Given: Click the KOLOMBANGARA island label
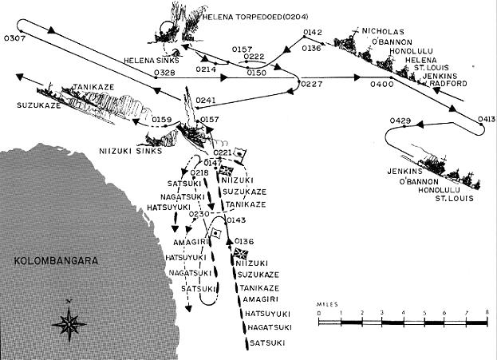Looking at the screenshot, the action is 56,261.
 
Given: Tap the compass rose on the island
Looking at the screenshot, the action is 69,321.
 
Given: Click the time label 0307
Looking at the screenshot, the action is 14,38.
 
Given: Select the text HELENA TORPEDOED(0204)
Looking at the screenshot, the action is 254,17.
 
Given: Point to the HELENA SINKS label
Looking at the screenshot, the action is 152,60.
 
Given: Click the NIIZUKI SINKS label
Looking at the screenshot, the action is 131,151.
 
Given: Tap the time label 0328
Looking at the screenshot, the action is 164,73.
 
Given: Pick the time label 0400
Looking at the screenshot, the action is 382,84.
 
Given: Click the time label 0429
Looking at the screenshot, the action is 400,121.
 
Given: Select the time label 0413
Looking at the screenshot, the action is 487,119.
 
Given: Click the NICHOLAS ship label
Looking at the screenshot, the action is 383,32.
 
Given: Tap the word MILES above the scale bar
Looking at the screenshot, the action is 327,304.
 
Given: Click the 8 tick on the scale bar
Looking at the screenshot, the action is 487,312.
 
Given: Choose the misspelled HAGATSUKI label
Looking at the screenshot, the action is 270,327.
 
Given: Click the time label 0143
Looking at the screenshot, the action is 236,220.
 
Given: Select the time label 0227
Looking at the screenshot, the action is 311,84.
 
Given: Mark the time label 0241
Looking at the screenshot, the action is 206,101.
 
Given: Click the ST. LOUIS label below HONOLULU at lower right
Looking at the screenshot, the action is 454,199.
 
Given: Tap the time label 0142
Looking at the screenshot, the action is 313,33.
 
